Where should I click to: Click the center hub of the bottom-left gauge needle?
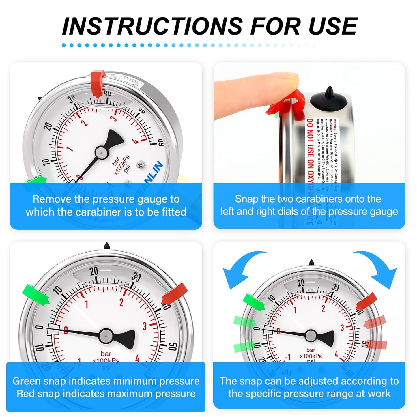click(x=106, y=336)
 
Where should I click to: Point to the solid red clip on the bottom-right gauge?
click(x=366, y=302)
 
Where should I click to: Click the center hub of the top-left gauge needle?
click(x=102, y=152)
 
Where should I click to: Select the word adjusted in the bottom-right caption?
click(x=326, y=381)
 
